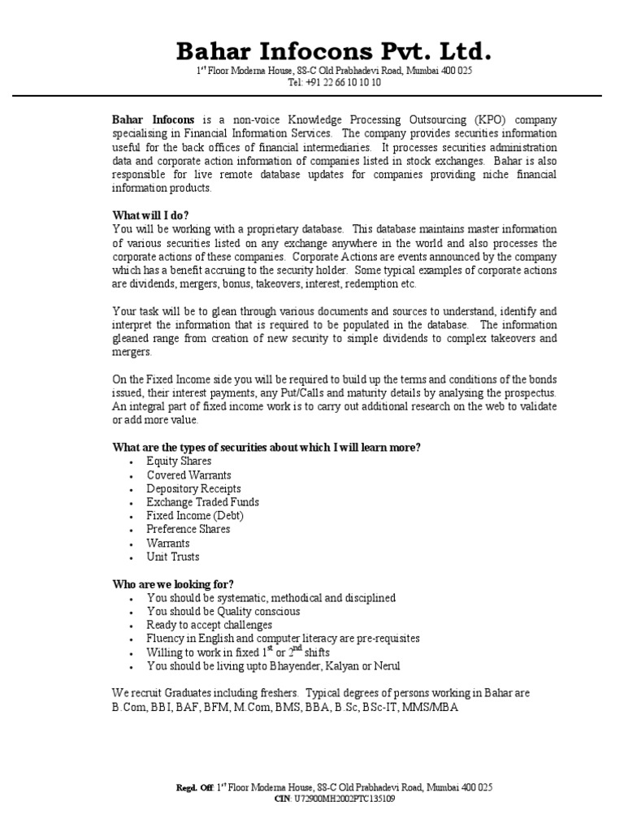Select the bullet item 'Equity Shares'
(x=179, y=461)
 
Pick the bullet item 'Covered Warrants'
(x=188, y=475)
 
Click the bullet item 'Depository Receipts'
(x=193, y=489)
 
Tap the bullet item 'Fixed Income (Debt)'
(x=195, y=516)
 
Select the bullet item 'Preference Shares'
(x=188, y=530)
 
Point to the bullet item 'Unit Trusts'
(x=172, y=557)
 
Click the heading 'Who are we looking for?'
(x=172, y=584)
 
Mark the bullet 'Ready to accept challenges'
(x=209, y=626)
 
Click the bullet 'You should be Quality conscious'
(x=223, y=612)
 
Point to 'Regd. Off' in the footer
(x=195, y=788)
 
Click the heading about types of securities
(x=266, y=448)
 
